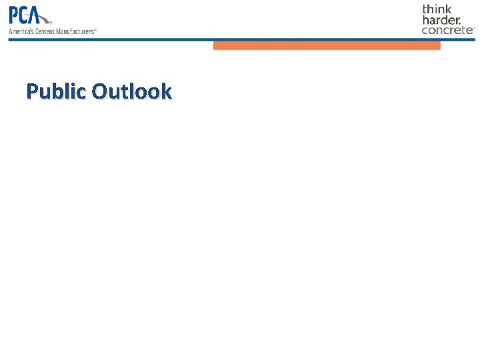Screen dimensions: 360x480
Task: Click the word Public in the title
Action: point(57,91)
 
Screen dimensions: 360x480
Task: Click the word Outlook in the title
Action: point(132,91)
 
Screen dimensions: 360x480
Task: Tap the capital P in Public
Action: point(33,91)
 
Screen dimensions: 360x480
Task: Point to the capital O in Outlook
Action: point(101,91)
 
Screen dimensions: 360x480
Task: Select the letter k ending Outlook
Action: point(166,91)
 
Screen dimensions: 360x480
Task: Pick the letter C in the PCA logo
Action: point(29,15)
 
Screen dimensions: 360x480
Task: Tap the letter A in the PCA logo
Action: point(42,15)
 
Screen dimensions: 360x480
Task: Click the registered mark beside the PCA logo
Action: point(51,21)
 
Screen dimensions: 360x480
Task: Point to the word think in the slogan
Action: point(437,9)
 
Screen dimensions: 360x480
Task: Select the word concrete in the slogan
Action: point(447,30)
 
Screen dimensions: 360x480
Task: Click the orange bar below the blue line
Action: point(327,46)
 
